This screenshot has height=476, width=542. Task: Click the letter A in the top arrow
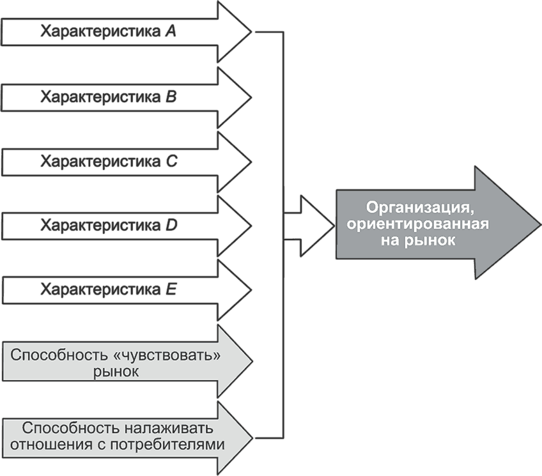point(170,32)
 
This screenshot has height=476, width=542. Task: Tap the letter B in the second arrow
point(170,97)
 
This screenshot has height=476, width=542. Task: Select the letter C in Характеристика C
point(171,162)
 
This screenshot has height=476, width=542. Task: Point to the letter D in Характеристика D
point(171,226)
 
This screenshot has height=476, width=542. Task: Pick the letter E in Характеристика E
point(170,290)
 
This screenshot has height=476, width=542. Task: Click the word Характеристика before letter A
point(100,32)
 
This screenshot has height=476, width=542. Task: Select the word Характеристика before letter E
point(100,290)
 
